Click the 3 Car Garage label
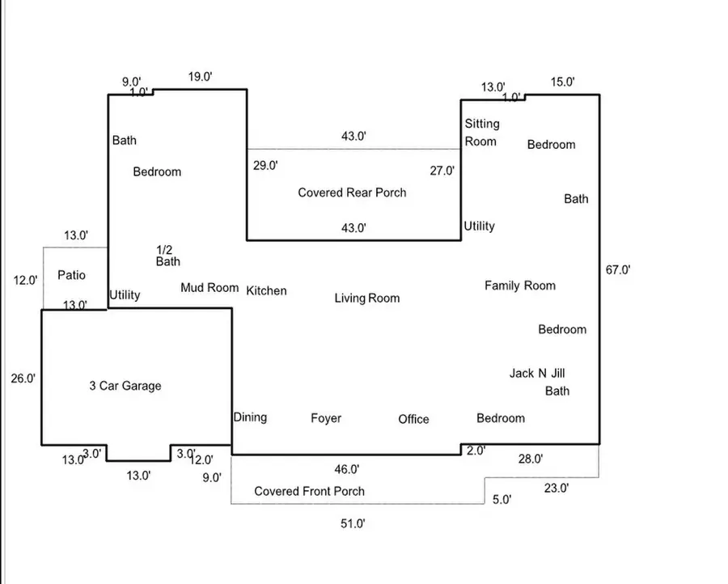(x=125, y=386)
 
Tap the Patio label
(x=71, y=275)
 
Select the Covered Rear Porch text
(x=352, y=193)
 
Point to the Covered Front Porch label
(x=309, y=491)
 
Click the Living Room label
(x=367, y=298)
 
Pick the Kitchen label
(x=266, y=290)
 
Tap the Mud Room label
(x=210, y=287)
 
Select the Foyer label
(x=326, y=418)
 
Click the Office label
(x=413, y=419)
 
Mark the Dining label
(x=250, y=417)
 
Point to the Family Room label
(x=520, y=286)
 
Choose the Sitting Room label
(x=481, y=132)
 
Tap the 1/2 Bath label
(x=168, y=256)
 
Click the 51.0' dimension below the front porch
(x=353, y=524)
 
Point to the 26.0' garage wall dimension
(x=23, y=378)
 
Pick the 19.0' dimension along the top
(x=199, y=77)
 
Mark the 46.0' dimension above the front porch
(x=347, y=469)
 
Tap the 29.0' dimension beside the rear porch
(x=265, y=166)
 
